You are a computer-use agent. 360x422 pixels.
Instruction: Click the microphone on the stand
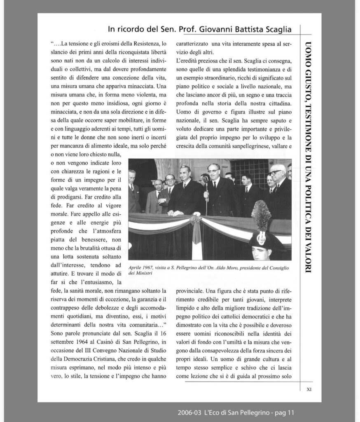click(x=206, y=180)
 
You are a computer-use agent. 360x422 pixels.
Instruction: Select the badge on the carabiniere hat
click(x=261, y=238)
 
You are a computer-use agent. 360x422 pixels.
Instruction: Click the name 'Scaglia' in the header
click(x=276, y=29)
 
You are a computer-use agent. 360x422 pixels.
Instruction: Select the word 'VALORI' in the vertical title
click(x=308, y=258)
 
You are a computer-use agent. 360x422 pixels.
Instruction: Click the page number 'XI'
click(x=309, y=389)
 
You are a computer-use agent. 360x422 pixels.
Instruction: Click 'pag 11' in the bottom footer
click(x=285, y=412)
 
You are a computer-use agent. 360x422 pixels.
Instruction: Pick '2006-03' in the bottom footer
click(x=189, y=412)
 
